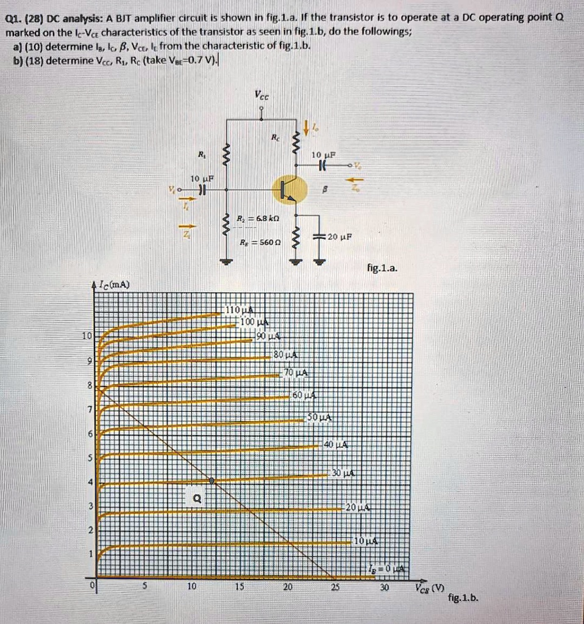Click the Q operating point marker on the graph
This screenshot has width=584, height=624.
coord(212,481)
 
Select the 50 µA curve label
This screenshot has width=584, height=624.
coord(319,417)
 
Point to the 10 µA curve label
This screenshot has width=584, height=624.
coord(366,541)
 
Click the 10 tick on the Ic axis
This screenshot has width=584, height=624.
coord(88,336)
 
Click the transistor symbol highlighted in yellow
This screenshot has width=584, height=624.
coord(287,190)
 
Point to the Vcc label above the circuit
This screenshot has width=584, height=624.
coord(262,95)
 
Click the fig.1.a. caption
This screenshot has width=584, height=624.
coord(382,267)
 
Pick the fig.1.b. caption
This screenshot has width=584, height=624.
coord(463,599)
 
